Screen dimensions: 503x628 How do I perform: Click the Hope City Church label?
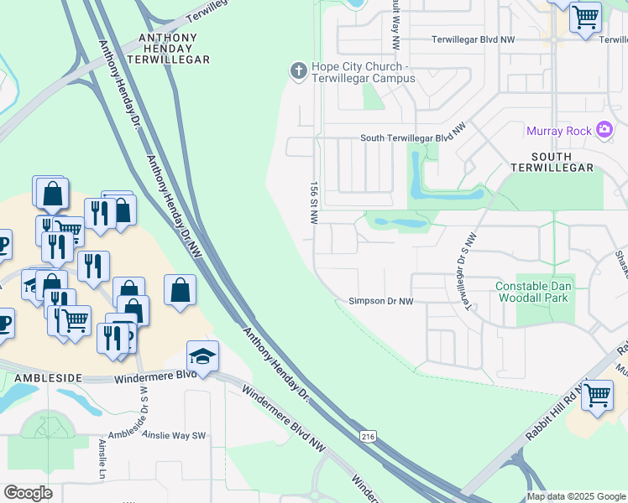(x=363, y=72)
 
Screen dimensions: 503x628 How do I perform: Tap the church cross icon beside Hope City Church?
(x=298, y=71)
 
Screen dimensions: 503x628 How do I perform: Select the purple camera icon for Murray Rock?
(x=604, y=129)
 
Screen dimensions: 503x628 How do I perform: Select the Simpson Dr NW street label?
(x=381, y=301)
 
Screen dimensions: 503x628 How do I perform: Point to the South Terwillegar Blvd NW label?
(x=412, y=138)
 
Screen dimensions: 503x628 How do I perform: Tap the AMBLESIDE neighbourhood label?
(x=47, y=378)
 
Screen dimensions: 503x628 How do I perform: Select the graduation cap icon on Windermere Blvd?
(x=202, y=355)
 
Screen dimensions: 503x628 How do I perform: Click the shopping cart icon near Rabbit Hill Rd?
(x=597, y=394)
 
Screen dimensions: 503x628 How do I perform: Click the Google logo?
(x=29, y=492)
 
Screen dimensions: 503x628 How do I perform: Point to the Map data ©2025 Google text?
(x=575, y=496)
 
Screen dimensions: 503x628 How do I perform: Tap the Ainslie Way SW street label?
(x=174, y=435)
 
